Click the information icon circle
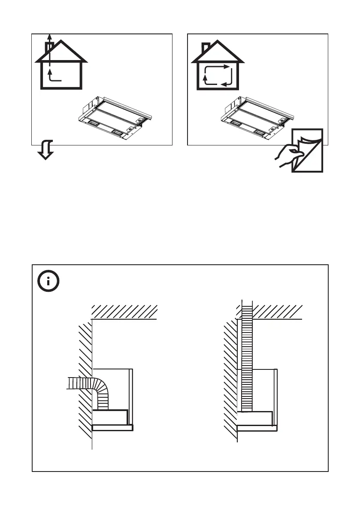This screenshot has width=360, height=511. click(x=48, y=281)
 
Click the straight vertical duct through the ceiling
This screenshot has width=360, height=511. click(x=246, y=356)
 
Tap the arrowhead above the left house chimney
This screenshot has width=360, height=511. click(x=50, y=36)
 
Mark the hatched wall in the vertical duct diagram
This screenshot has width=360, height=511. click(x=231, y=378)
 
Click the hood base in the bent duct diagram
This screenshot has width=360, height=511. click(x=112, y=427)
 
